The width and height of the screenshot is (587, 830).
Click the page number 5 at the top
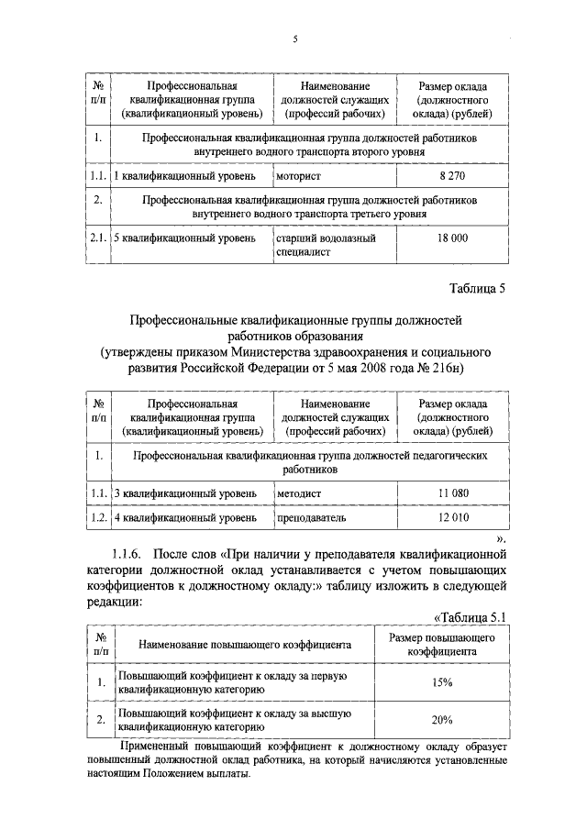click(295, 39)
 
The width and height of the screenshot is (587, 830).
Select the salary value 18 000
click(453, 238)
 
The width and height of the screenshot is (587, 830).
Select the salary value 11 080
click(453, 493)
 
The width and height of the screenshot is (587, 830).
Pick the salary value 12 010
click(453, 518)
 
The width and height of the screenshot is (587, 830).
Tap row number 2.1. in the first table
click(98, 238)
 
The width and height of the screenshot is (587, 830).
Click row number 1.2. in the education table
click(98, 518)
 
